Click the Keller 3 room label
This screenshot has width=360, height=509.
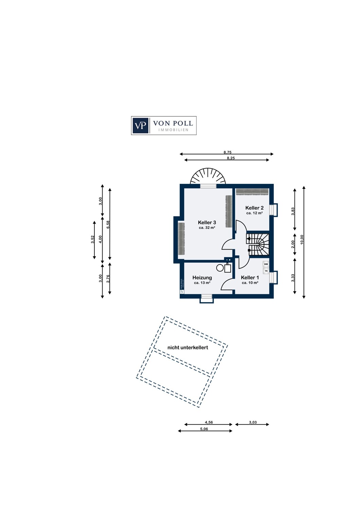coord(207,223)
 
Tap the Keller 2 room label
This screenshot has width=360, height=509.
coord(254,208)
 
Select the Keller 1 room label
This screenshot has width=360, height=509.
coord(250,278)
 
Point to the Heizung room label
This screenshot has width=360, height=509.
coord(202,278)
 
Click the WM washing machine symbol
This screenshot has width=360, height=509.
coord(266,264)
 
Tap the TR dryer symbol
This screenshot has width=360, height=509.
coord(266,271)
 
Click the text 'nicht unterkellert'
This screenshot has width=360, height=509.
coord(188,347)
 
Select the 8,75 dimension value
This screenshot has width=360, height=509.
coord(227,152)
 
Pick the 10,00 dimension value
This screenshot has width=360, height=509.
coord(302,240)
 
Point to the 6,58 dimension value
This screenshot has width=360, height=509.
coord(108,225)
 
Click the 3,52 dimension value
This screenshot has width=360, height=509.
coord(93,240)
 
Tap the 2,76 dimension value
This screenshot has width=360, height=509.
coord(108,279)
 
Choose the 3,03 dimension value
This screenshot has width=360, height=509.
coord(253,422)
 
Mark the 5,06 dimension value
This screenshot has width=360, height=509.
coord(204,429)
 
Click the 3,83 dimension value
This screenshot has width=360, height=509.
coord(293,211)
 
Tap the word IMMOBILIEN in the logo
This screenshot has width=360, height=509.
coord(173,130)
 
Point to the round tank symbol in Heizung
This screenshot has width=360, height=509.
coord(220,268)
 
